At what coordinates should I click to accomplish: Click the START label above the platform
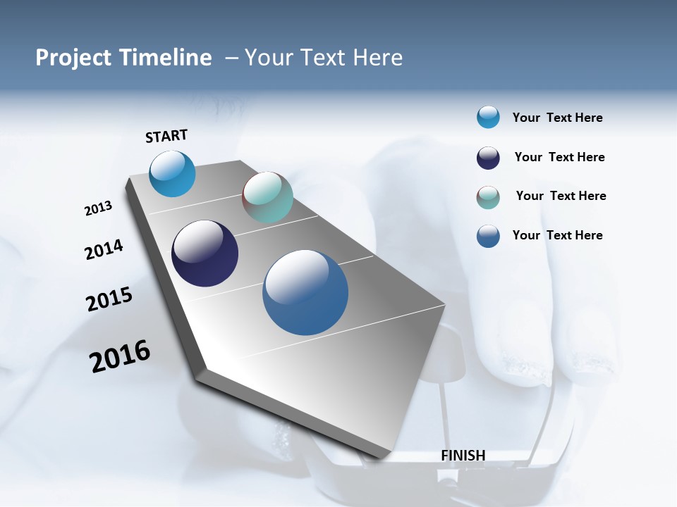coord(166,136)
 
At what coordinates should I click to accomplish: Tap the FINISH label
coord(463,456)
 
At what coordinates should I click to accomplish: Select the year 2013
coord(98,208)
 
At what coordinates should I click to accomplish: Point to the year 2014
coord(104,250)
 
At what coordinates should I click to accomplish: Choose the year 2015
coord(109,299)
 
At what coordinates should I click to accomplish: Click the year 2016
coord(120,356)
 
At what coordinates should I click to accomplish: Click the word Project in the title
coord(73,58)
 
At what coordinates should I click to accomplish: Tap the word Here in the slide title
coord(378,58)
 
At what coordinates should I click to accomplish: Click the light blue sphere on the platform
coord(172,173)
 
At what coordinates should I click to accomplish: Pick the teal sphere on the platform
coord(267,197)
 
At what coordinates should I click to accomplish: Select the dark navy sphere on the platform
coord(205,254)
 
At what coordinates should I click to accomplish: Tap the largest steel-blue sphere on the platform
coord(305,292)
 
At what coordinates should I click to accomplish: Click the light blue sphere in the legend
coord(488,117)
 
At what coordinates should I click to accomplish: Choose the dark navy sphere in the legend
coord(488,158)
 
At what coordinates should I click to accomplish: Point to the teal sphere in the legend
coord(488,197)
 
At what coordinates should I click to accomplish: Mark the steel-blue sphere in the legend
coord(488,236)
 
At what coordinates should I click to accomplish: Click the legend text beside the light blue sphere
coord(557,118)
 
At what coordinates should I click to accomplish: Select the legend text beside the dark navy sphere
coord(559,157)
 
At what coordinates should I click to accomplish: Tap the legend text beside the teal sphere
coord(561,196)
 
